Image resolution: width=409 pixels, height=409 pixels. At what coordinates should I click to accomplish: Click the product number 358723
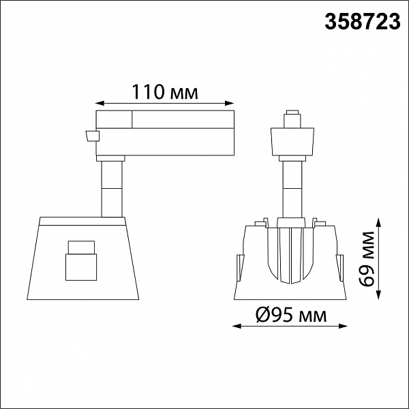(x=363, y=22)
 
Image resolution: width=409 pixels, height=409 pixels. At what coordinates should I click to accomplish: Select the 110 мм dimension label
(x=165, y=92)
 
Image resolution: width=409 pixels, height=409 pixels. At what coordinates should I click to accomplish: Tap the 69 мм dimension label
(x=367, y=259)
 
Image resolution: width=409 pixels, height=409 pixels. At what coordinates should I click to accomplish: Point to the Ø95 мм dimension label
(x=291, y=314)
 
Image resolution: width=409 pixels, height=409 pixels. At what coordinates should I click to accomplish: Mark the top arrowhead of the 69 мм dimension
(x=379, y=224)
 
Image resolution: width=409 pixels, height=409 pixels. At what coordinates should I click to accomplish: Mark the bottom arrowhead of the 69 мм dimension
(x=379, y=294)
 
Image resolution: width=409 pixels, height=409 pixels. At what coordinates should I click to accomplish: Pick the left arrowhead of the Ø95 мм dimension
(x=237, y=326)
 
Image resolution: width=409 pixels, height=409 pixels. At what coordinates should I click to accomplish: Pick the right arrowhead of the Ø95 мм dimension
(x=343, y=326)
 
